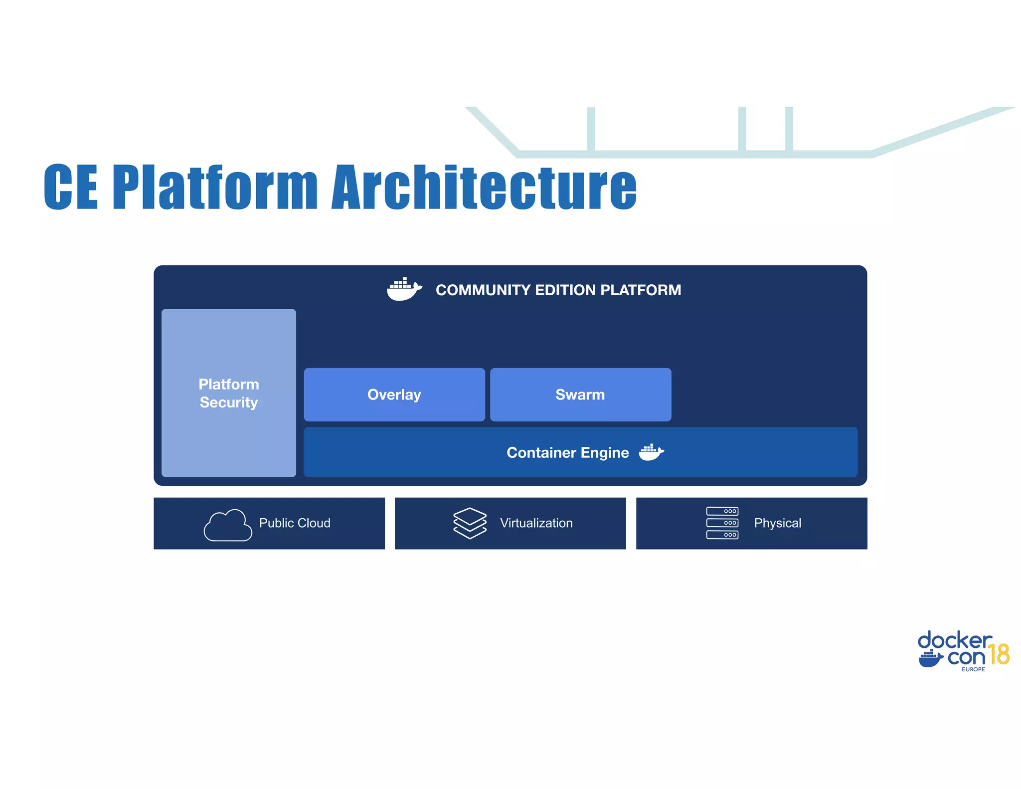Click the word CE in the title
point(71,187)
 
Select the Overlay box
point(394,394)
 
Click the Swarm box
point(580,394)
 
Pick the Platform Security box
point(228,393)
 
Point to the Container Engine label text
point(567,452)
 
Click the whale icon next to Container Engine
point(651,452)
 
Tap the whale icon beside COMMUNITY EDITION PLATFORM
point(404,289)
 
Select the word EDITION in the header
point(565,290)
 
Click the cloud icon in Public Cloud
point(228,525)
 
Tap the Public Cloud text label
point(295,523)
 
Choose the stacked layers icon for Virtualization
point(470,523)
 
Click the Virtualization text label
point(536,523)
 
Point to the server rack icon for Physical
point(722,523)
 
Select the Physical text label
point(777,523)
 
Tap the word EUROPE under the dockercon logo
point(973,669)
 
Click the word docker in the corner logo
point(954,640)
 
